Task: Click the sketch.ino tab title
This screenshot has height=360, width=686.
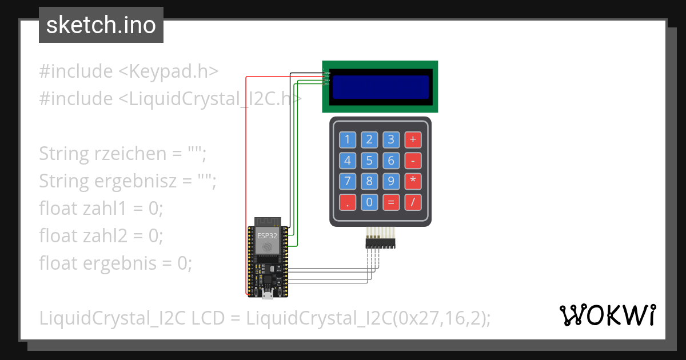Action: pyautogui.click(x=101, y=25)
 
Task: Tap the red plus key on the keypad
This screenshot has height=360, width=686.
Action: pyautogui.click(x=412, y=139)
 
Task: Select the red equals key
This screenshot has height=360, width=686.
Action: pyautogui.click(x=391, y=202)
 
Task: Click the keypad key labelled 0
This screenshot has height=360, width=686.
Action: pyautogui.click(x=369, y=202)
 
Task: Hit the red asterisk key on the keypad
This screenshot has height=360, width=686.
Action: pyautogui.click(x=412, y=182)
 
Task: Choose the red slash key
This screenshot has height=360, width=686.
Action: pyautogui.click(x=412, y=202)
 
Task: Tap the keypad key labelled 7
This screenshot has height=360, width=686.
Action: pyautogui.click(x=348, y=182)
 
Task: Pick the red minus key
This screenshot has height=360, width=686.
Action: pyautogui.click(x=412, y=161)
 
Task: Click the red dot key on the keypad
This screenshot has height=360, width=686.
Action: pyautogui.click(x=348, y=202)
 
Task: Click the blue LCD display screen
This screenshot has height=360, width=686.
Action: pyautogui.click(x=381, y=87)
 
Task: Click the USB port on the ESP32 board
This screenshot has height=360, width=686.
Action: pyautogui.click(x=267, y=295)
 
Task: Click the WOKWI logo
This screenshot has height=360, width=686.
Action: pyautogui.click(x=607, y=315)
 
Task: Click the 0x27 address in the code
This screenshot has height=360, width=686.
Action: pyautogui.click(x=415, y=318)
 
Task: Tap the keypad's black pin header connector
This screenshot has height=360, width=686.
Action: pyautogui.click(x=381, y=244)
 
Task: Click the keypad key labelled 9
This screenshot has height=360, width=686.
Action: pyautogui.click(x=391, y=182)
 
